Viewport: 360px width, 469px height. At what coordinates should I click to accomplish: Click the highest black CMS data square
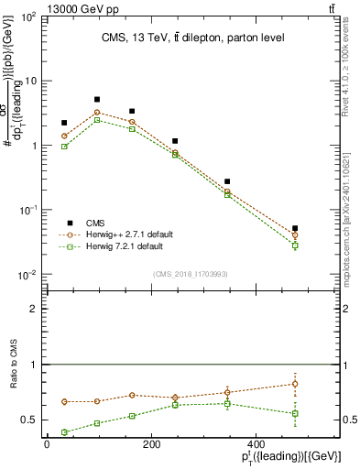(97, 99)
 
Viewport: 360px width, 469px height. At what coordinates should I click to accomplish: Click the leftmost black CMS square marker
(64, 123)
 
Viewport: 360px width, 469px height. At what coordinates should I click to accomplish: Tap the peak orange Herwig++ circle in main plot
(97, 113)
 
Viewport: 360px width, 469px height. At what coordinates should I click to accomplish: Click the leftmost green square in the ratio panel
(64, 432)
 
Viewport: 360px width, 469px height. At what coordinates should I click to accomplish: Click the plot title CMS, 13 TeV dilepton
(192, 38)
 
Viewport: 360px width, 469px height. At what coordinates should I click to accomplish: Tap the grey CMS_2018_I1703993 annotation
(191, 274)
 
